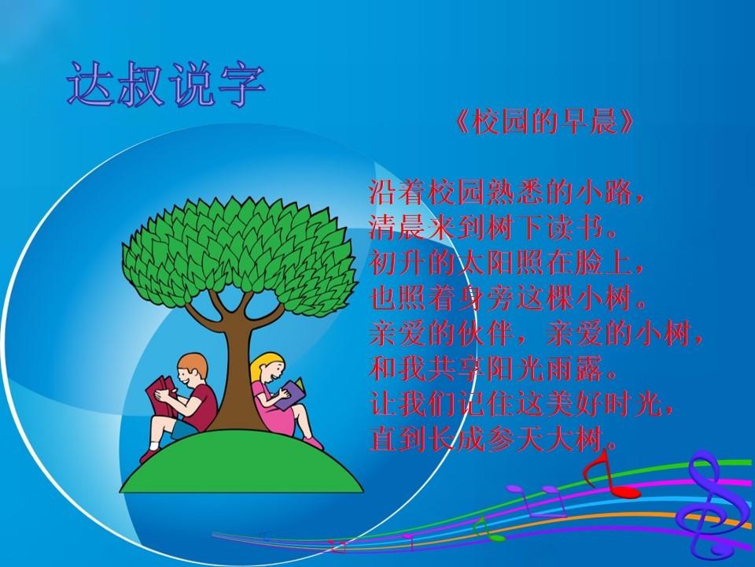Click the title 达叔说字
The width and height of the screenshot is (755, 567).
166,84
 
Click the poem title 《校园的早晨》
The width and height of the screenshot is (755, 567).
544,121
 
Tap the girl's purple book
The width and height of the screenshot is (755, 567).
293,392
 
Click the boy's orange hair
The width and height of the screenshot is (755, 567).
193,364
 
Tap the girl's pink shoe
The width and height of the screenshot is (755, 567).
314,443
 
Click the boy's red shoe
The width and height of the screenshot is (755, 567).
149,455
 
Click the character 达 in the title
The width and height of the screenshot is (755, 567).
91,84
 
